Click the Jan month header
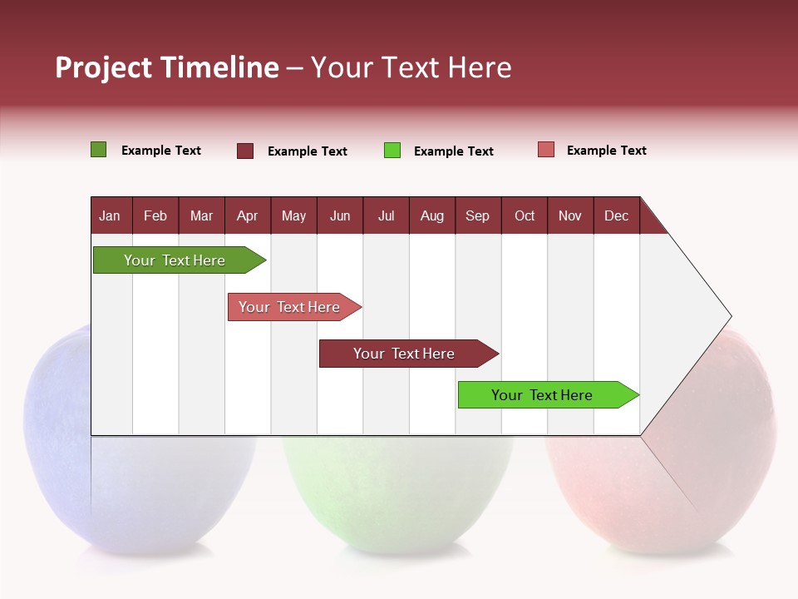coord(110,215)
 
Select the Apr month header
coord(247,215)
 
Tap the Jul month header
coord(386,215)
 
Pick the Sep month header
coord(477,215)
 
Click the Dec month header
coord(616,215)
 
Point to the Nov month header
coord(569,215)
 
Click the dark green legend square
coord(98,150)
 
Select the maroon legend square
coord(245,151)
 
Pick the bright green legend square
coord(392,151)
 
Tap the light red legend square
coord(546,150)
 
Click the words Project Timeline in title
coord(166,67)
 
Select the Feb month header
coord(155,215)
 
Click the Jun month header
coord(339,215)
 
